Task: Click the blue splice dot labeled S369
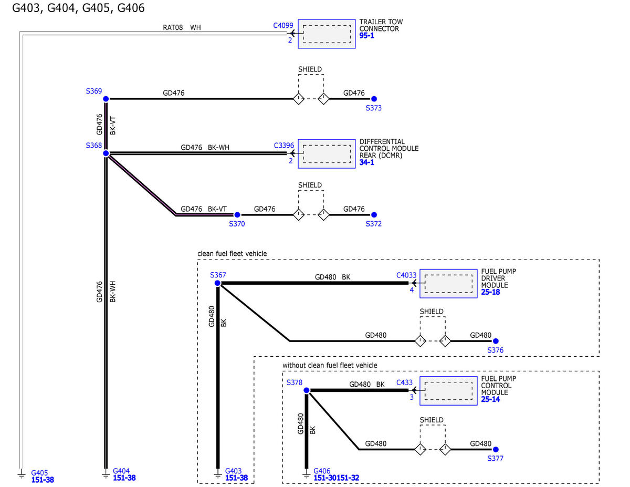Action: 106,99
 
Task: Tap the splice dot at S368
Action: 106,153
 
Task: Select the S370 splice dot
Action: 237,215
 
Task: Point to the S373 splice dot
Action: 374,99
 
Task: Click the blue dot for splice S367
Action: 217,283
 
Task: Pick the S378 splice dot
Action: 307,390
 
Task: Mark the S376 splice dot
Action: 496,341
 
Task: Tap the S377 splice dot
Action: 496,449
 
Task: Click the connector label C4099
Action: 283,26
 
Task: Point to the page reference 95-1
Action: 366,36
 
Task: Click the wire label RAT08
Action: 173,27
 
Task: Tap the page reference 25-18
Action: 490,292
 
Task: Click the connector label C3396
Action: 284,146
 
